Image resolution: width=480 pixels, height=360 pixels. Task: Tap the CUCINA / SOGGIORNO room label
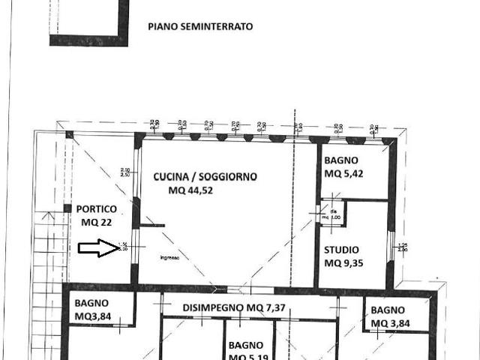[205, 177]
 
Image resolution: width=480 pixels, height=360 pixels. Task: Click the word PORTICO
[95, 209]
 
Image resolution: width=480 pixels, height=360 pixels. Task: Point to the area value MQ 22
[95, 222]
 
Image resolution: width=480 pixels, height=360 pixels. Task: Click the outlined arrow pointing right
[98, 248]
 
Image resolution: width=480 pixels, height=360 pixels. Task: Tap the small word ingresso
[169, 258]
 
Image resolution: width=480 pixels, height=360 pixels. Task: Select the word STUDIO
[341, 250]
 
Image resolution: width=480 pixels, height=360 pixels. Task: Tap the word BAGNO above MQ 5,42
[341, 160]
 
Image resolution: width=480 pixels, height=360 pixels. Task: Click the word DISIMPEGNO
[213, 308]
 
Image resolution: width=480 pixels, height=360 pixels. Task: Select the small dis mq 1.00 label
[334, 214]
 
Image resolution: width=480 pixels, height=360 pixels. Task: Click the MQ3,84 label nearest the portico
[91, 316]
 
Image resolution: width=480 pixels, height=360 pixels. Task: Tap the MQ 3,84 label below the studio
[387, 323]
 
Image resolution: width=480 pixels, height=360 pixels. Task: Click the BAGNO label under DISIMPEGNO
[246, 345]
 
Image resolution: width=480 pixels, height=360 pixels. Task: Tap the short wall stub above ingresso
[151, 225]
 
